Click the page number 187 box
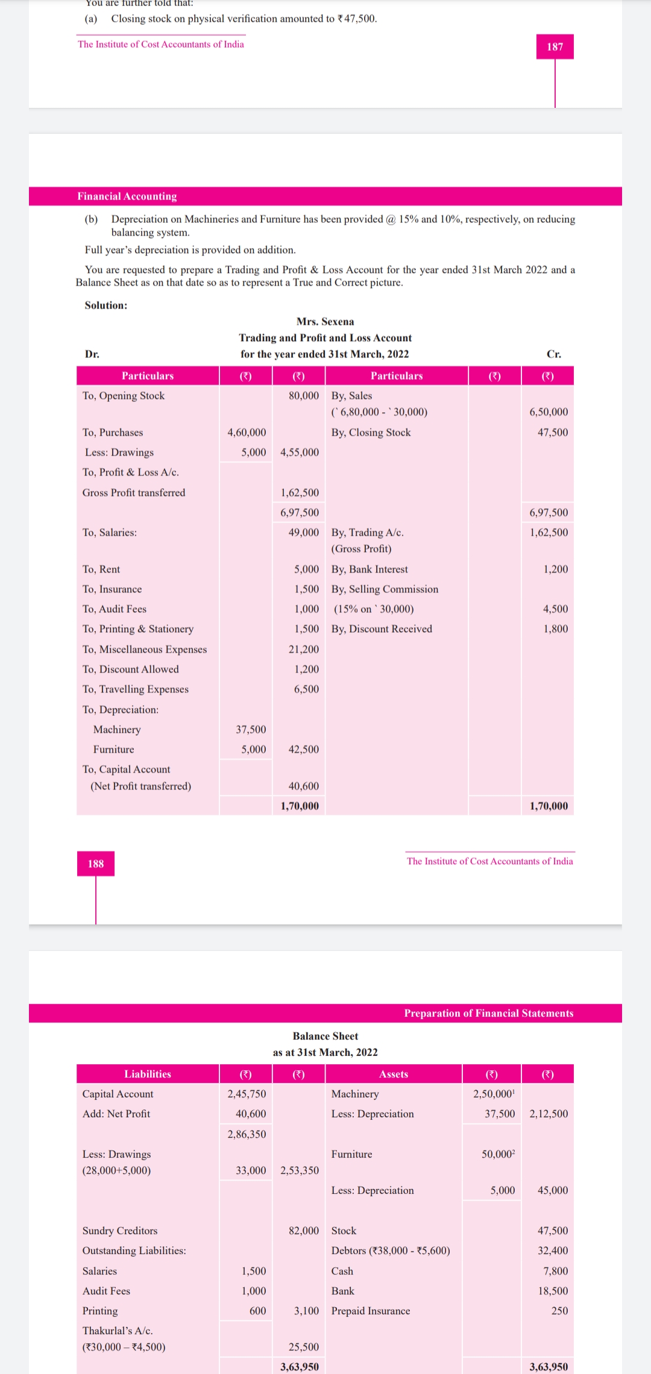(555, 47)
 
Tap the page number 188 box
(96, 864)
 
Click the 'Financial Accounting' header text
(127, 196)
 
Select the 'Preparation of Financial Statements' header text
(488, 1013)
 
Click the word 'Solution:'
(106, 306)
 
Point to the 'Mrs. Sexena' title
(325, 322)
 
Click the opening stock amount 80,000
(304, 396)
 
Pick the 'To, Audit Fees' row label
(115, 609)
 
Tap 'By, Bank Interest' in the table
(370, 569)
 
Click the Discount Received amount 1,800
(556, 629)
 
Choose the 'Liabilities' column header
(148, 1074)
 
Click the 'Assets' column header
(394, 1074)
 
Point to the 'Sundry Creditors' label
(120, 1231)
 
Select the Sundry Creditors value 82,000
(304, 1231)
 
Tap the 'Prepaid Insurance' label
(371, 1311)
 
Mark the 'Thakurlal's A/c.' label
(118, 1331)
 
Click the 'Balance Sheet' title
(325, 1036)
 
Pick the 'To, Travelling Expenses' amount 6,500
(307, 689)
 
